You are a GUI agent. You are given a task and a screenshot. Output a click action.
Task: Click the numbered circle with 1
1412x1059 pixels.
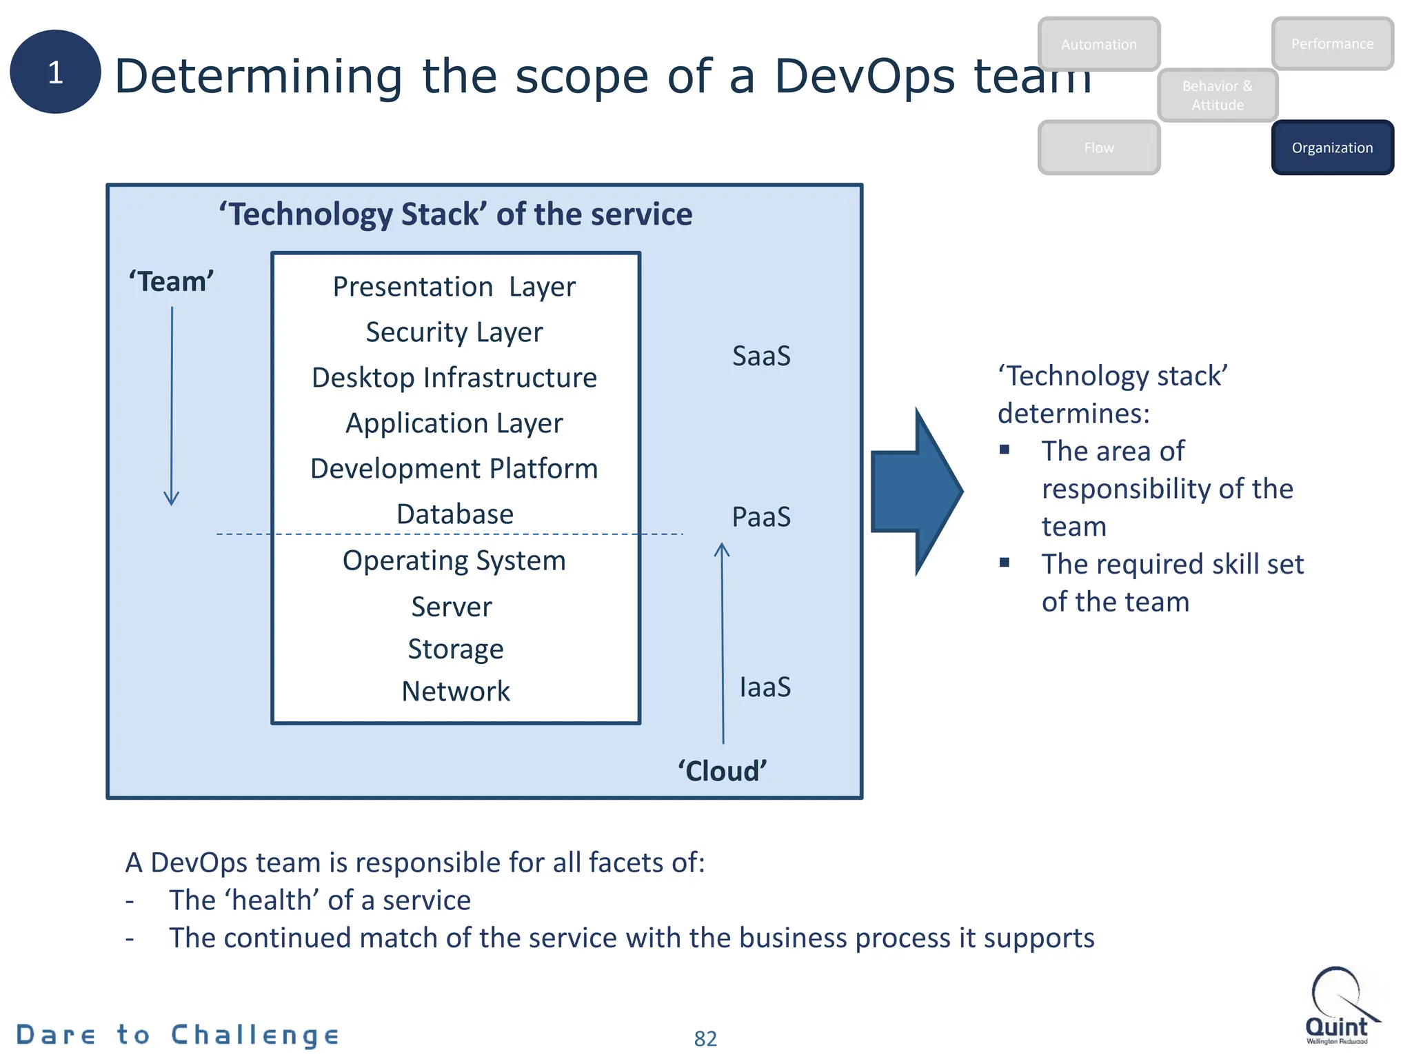click(55, 72)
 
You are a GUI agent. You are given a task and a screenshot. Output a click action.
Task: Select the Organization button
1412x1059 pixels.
click(1332, 148)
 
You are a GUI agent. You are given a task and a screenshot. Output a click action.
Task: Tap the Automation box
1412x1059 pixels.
click(1098, 44)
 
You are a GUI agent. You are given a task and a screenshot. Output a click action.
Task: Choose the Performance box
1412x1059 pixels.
click(1332, 43)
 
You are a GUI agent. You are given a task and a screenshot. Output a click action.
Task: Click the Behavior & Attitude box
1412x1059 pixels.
click(1218, 95)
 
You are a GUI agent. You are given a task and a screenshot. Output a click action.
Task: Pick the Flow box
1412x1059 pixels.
click(1098, 148)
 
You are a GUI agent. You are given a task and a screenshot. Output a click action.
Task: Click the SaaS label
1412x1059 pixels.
click(761, 356)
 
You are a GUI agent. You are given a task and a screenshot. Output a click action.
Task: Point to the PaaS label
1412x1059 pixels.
click(761, 517)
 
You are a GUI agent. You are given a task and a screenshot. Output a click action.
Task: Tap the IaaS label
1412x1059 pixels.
click(765, 687)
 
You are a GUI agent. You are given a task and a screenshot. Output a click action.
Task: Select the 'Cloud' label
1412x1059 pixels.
click(722, 771)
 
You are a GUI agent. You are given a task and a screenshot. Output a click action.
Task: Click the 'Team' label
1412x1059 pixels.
click(171, 281)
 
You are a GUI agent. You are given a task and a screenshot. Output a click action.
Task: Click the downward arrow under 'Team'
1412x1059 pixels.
click(172, 407)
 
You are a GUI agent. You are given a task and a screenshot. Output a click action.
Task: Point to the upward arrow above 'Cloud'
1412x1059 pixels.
click(723, 641)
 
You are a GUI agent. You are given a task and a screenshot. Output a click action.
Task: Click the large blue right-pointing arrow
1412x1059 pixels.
click(917, 491)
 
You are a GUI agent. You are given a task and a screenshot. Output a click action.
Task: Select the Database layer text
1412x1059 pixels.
click(455, 514)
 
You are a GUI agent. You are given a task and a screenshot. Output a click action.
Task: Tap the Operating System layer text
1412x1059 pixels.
click(454, 561)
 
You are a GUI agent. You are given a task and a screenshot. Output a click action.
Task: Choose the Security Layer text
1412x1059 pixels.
click(454, 332)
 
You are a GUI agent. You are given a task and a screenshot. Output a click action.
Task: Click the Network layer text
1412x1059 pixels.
click(456, 692)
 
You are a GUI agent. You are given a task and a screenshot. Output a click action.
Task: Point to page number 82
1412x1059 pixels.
click(705, 1038)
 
